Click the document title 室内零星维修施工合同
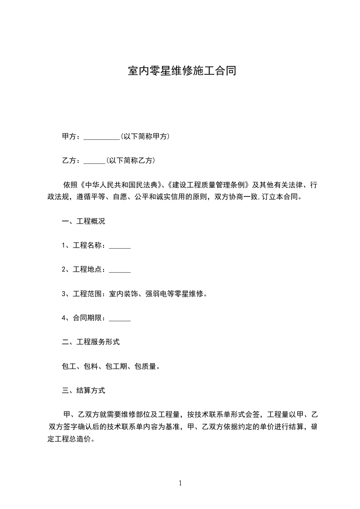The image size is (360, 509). [x=182, y=72]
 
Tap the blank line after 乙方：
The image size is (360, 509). [x=94, y=161]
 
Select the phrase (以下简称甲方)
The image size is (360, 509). [x=145, y=136]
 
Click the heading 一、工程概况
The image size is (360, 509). [x=84, y=222]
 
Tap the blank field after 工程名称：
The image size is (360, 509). [x=120, y=246]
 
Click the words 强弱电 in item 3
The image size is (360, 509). [x=156, y=294]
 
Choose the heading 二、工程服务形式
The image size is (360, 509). [x=91, y=342]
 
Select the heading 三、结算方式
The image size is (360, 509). [x=84, y=390]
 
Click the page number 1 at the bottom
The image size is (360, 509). [x=180, y=483]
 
